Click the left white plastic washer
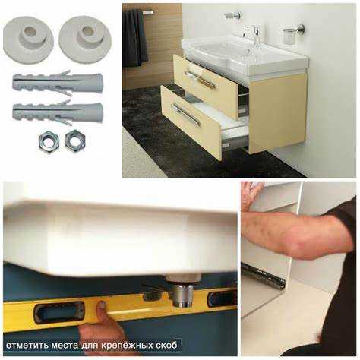pyautogui.click(x=28, y=39)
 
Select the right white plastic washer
pyautogui.click(x=85, y=39)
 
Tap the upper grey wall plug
pyautogui.click(x=58, y=82)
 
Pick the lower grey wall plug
pyautogui.click(x=58, y=112)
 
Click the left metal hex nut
pyautogui.click(x=49, y=143)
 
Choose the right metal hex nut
pyautogui.click(x=75, y=141)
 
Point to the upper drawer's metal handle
pyautogui.click(x=200, y=80)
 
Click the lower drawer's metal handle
pyautogui.click(x=186, y=114)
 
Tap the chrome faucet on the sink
pyautogui.click(x=256, y=36)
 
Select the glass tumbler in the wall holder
pyautogui.click(x=288, y=36)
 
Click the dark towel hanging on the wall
pyautogui.click(x=134, y=38)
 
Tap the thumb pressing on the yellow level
pyautogui.click(x=102, y=305)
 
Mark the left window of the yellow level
pyautogui.click(x=58, y=312)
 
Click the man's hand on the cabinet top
pyautogui.click(x=252, y=195)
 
